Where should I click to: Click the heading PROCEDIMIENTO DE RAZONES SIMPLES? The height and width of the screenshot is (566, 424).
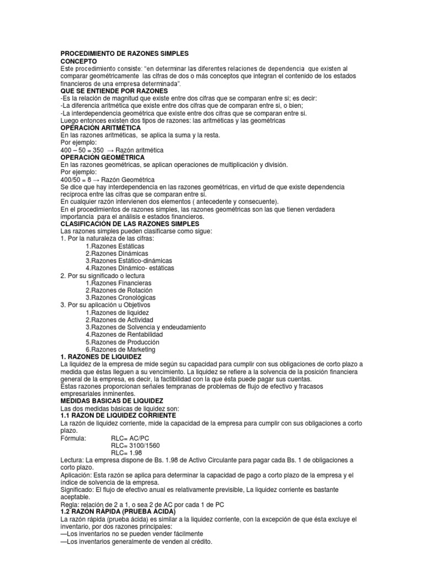pos(124,54)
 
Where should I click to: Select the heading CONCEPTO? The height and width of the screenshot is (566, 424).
pos(78,61)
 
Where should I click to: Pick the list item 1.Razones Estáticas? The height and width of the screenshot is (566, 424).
pos(115,245)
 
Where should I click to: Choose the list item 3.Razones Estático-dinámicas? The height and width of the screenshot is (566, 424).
pos(129,260)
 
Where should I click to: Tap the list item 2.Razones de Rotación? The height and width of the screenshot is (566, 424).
pos(119,290)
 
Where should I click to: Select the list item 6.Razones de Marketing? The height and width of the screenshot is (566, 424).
pos(120,350)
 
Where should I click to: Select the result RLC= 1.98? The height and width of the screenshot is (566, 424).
pos(126,453)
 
